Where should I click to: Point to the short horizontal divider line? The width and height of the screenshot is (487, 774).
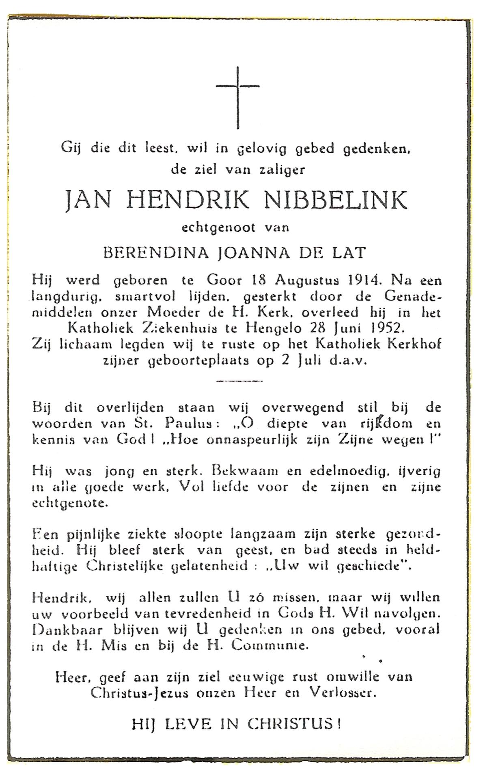click(x=239, y=381)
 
